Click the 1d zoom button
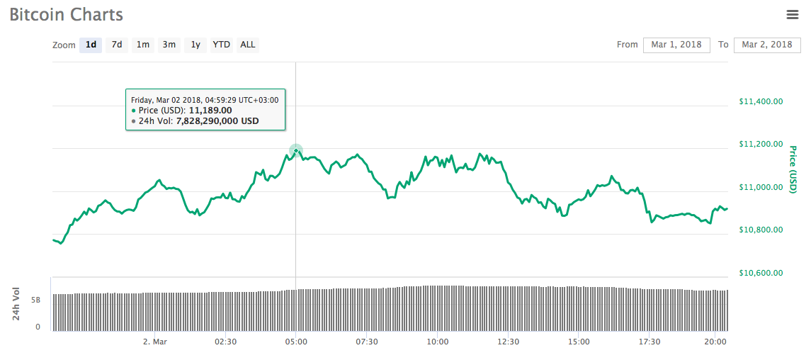[x=91, y=45]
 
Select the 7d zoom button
[x=117, y=45]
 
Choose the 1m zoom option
[x=143, y=45]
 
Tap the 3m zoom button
[x=169, y=45]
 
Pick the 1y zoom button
[x=195, y=45]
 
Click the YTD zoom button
[x=222, y=45]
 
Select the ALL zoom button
[x=248, y=45]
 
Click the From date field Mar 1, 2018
[x=676, y=45]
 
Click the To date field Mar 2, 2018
[x=767, y=45]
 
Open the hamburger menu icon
[x=793, y=14]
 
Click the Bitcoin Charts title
[x=66, y=15]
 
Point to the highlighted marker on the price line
[x=296, y=150]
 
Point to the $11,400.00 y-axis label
[x=761, y=101]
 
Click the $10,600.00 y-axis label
[x=761, y=273]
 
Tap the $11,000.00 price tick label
[x=761, y=187]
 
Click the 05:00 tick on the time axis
[x=296, y=342]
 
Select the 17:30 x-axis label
[x=650, y=342]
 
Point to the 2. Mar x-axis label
[x=154, y=342]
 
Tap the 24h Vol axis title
[x=16, y=304]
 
